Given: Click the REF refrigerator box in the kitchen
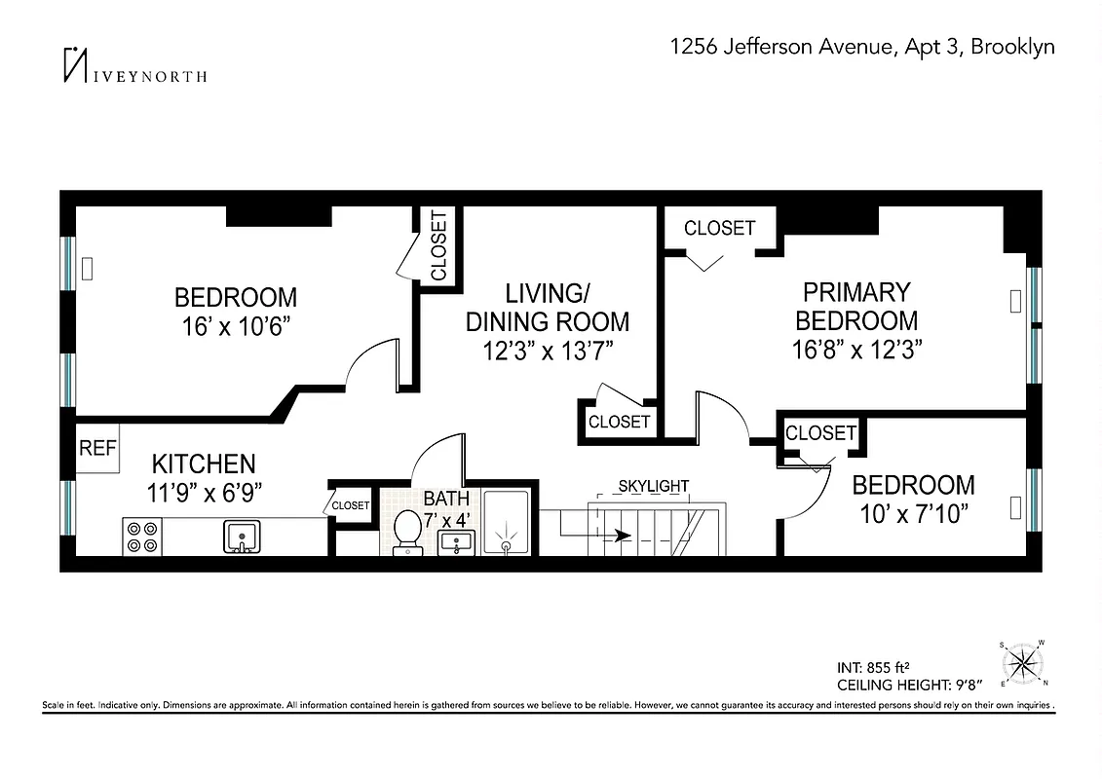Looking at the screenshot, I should (x=97, y=449).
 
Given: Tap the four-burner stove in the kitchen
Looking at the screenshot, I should (x=142, y=537).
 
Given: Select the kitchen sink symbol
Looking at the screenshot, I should (x=241, y=536).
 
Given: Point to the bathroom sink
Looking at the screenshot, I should (x=456, y=541).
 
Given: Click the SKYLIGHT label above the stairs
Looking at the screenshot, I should (x=654, y=486).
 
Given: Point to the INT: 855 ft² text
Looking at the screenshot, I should (x=872, y=667).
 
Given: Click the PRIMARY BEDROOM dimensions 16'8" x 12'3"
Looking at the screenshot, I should (x=856, y=348).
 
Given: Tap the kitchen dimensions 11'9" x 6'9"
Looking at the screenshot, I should (x=203, y=493).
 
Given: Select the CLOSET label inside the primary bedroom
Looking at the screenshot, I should (x=719, y=229).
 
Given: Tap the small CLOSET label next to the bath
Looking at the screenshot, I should (x=351, y=505).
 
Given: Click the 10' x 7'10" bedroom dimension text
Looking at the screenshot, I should (x=912, y=514).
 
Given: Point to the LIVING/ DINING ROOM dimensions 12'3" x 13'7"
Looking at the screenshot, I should (x=547, y=349).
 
